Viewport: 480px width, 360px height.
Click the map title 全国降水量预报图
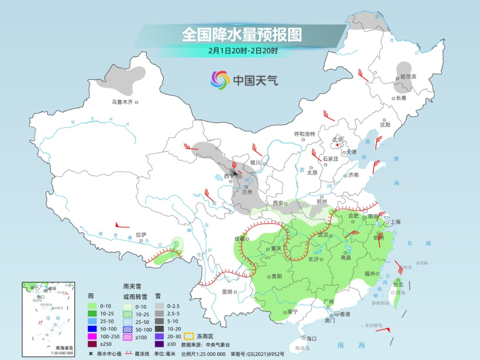tap(242, 35)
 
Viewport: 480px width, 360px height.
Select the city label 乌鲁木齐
tap(122, 102)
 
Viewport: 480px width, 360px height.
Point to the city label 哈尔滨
tap(408, 77)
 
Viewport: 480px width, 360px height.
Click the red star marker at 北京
tap(338, 145)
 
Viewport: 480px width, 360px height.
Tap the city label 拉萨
tap(141, 234)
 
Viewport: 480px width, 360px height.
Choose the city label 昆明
tap(227, 292)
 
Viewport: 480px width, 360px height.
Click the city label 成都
tap(239, 239)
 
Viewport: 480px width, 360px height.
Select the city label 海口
tap(311, 339)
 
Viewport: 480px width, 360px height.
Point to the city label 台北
tap(398, 284)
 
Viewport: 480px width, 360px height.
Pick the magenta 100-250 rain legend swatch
tap(92, 336)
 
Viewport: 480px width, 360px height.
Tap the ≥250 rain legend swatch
tap(92, 344)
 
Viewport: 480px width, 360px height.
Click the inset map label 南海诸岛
tap(64, 348)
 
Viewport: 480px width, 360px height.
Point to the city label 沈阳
tap(385, 125)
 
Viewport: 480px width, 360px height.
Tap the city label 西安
tap(278, 203)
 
